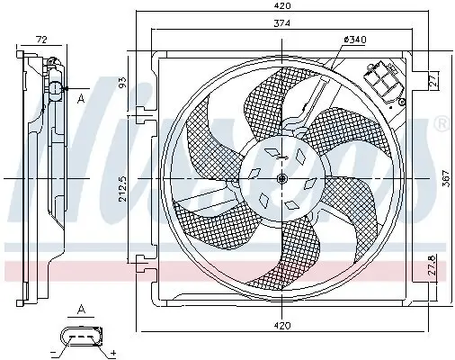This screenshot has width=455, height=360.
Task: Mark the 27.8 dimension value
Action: [x=433, y=268]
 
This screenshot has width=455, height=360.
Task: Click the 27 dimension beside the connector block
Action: [x=433, y=81]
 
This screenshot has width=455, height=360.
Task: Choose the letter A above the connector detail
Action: [x=81, y=309]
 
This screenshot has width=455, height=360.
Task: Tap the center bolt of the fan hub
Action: [x=281, y=180]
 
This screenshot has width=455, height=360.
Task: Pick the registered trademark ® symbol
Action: [x=440, y=126]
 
